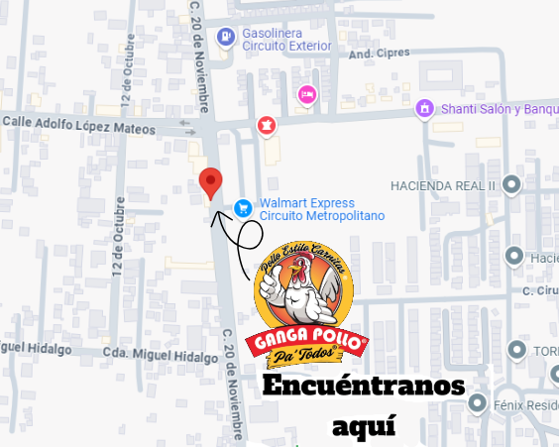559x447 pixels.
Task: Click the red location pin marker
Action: point(210,182)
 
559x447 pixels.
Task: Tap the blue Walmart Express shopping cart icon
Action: point(242,208)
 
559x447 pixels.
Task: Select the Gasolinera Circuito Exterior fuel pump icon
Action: point(227,39)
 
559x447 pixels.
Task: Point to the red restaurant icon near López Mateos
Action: point(266,124)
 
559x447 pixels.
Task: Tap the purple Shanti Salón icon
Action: point(424,108)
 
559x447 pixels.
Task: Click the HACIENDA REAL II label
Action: point(442,185)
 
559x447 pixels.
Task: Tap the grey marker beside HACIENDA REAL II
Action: point(511,184)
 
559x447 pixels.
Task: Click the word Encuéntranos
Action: point(362,386)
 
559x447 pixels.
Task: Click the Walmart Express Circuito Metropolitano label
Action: point(322,209)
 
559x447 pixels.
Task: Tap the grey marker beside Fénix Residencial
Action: point(480,403)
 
